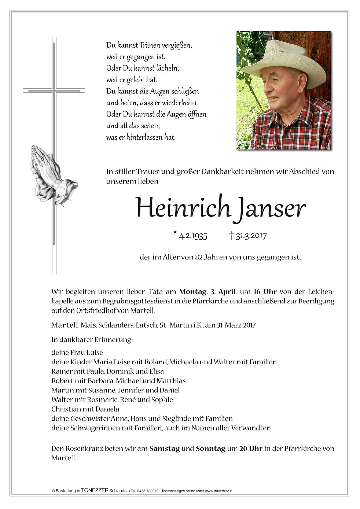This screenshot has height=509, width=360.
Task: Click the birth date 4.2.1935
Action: point(191,236)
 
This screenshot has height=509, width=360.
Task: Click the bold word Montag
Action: point(193,292)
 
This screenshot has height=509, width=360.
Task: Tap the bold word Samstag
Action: point(165,449)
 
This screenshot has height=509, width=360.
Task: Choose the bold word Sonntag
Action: point(210,449)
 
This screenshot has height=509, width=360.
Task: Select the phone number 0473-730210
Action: point(147,490)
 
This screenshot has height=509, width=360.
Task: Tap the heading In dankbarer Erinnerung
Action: point(92,340)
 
